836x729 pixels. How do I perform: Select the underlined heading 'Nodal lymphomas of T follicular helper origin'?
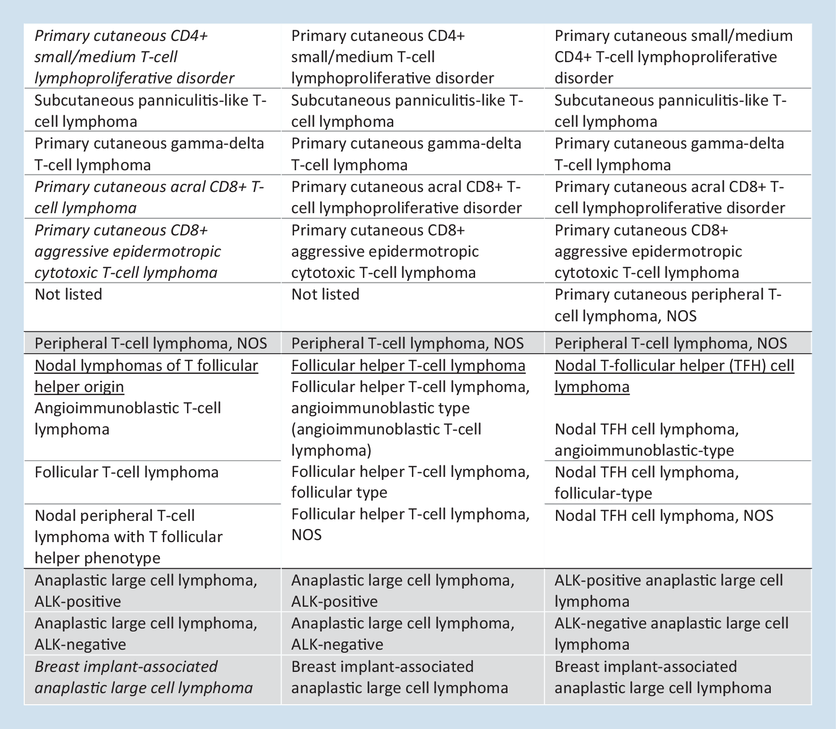pyautogui.click(x=146, y=376)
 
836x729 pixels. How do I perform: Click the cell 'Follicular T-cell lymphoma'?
pyautogui.click(x=126, y=472)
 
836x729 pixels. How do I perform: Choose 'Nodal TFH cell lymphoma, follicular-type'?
pyautogui.click(x=647, y=482)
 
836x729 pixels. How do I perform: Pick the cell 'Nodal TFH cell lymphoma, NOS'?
pyautogui.click(x=664, y=516)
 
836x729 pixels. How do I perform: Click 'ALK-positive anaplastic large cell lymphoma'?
pyautogui.click(x=668, y=591)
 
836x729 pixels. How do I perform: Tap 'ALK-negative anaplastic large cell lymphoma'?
pyautogui.click(x=671, y=634)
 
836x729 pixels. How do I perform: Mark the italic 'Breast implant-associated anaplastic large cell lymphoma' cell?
pyautogui.click(x=144, y=677)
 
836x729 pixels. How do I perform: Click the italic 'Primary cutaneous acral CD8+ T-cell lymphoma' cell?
pyautogui.click(x=149, y=197)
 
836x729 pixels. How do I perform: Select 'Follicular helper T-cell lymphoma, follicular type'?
pyautogui.click(x=410, y=482)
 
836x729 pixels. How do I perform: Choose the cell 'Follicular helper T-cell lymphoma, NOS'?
pyautogui.click(x=410, y=524)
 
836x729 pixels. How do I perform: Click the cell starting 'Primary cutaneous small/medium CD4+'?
pyautogui.click(x=673, y=57)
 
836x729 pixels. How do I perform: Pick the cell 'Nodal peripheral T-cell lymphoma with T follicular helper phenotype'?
pyautogui.click(x=128, y=537)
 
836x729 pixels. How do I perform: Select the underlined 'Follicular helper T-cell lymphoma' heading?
pyautogui.click(x=408, y=365)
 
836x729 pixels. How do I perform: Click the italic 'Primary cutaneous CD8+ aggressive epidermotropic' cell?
pyautogui.click(x=128, y=251)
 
